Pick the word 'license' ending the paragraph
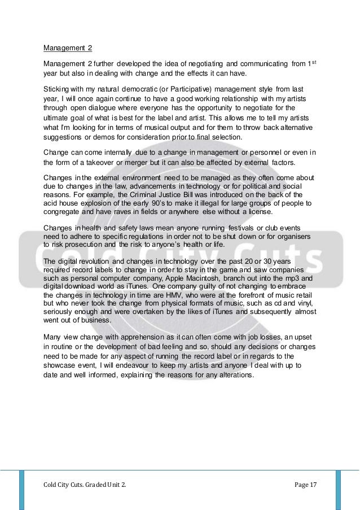258,212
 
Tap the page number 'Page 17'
305,485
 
